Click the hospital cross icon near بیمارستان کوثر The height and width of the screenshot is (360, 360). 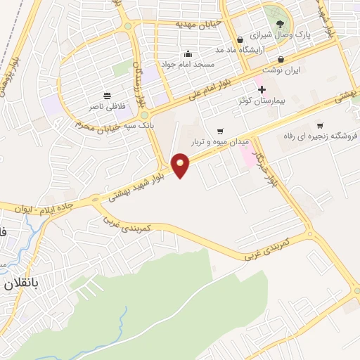click(262, 89)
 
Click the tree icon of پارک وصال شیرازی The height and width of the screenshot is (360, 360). click(271, 23)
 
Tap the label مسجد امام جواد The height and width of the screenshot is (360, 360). click(190, 64)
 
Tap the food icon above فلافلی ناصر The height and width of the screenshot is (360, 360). click(107, 96)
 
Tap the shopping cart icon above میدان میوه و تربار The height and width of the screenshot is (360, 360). click(220, 131)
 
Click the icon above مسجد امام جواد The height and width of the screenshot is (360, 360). click(188, 53)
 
